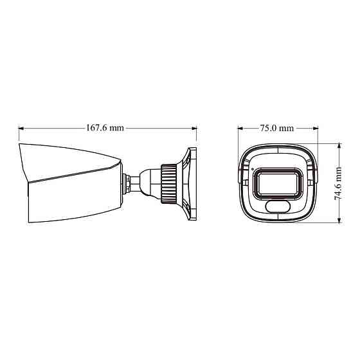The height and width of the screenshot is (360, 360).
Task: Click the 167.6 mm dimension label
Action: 105,128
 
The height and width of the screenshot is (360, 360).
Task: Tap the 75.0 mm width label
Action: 276,128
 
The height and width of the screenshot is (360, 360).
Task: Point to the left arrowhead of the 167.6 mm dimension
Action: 21,128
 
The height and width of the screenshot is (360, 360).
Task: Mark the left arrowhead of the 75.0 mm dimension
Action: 239,128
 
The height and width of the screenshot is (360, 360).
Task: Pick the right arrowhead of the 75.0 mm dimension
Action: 316,128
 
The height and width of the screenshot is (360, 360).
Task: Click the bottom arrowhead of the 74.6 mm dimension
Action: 339,222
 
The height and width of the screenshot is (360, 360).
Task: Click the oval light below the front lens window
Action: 278,206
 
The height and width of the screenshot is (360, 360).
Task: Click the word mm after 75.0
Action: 287,128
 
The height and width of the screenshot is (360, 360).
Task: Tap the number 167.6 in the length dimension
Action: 96,128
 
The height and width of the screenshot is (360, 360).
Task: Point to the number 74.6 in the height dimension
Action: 339,191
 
